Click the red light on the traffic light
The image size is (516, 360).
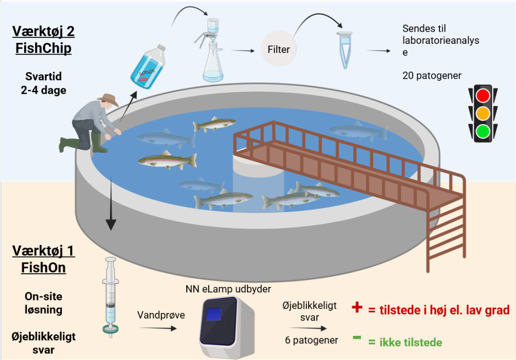point(483,95)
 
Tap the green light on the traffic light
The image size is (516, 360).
point(483,132)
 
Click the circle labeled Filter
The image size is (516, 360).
point(279,50)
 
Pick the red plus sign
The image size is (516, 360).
point(357,308)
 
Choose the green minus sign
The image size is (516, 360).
point(357,337)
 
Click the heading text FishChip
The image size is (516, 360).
point(42,48)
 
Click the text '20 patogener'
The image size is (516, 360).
point(432,76)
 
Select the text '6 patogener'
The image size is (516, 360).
point(311,340)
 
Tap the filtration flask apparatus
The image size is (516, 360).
point(213,50)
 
